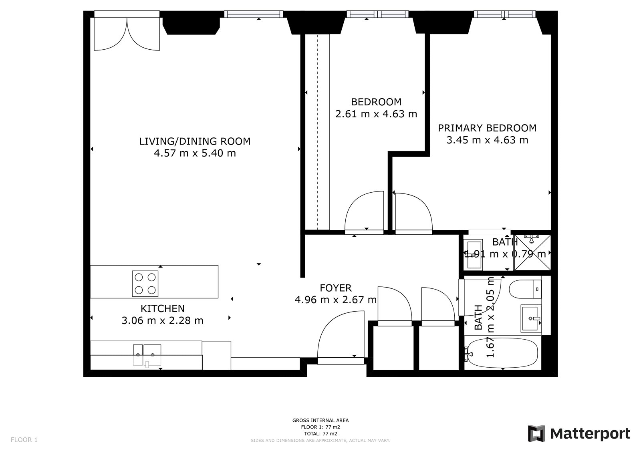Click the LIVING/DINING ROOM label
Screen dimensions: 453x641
tap(195, 141)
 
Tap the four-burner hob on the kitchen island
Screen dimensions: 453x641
tap(145, 284)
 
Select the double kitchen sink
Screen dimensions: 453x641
tap(147, 354)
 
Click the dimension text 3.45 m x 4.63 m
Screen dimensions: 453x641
tap(487, 140)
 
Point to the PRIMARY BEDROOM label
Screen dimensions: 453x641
tap(487, 128)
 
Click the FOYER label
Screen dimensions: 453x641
tap(336, 288)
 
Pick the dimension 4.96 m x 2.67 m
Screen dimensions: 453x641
tap(336, 300)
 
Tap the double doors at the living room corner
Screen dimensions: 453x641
tap(127, 32)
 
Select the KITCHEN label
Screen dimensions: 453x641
tap(162, 309)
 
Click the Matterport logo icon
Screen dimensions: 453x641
tap(536, 433)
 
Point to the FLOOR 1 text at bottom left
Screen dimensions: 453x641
tap(24, 440)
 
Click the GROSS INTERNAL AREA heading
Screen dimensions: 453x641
tap(320, 421)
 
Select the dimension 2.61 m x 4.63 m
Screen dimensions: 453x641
tap(376, 114)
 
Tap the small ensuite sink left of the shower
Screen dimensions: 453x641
tap(475, 254)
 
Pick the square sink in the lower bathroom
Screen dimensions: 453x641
tap(531, 318)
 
